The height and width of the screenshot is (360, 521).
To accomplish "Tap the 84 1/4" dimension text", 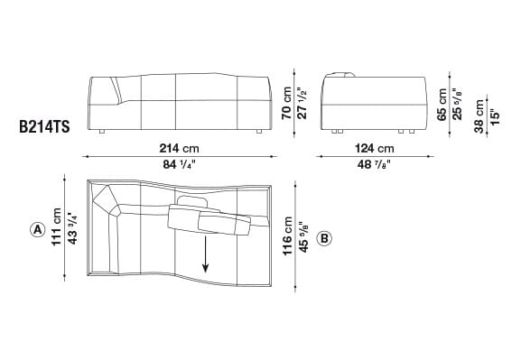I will [181, 164].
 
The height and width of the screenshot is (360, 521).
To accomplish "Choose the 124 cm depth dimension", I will [374, 148].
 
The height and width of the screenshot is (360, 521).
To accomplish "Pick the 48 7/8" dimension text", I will [374, 164].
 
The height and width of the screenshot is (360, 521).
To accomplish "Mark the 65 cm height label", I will [441, 102].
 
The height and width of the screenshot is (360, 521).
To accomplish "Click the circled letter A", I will [37, 229].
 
